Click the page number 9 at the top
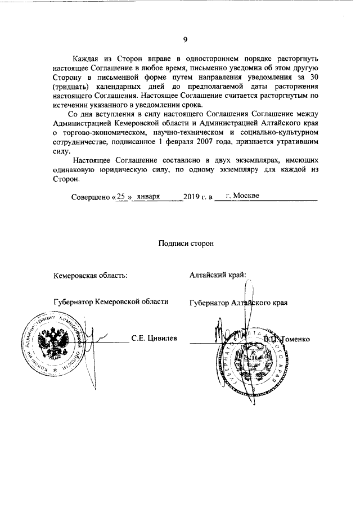click(184, 39)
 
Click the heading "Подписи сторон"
click(186, 243)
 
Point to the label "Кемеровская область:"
click(90, 275)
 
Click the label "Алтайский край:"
click(218, 274)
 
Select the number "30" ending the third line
click(314, 78)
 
